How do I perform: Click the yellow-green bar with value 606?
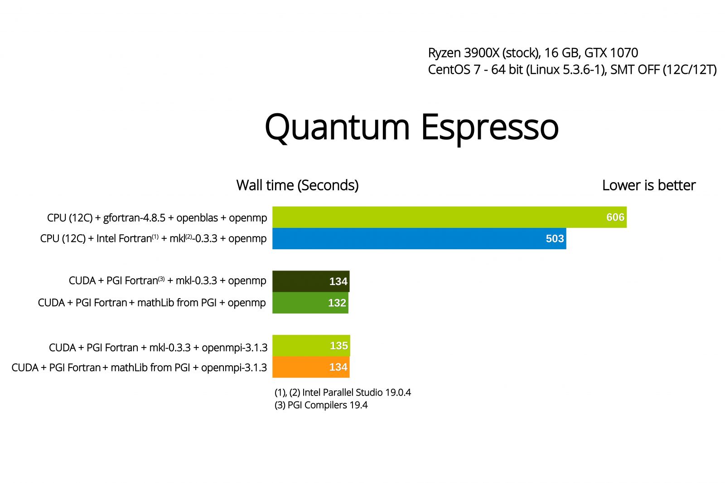tap(449, 217)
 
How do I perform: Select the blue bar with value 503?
tap(419, 238)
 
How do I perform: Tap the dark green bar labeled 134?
tap(311, 281)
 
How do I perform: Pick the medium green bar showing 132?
tap(310, 303)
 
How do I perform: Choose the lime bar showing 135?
tap(311, 345)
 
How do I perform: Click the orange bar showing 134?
tap(311, 367)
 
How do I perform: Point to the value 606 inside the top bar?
tap(615, 217)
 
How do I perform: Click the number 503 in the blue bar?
tap(555, 239)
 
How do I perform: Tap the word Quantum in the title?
tap(337, 128)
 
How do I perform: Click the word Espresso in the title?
tap(490, 129)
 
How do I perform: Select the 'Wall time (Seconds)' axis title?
tap(297, 185)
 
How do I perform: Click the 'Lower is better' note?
tap(648, 185)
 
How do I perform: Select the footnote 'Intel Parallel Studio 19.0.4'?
tap(356, 392)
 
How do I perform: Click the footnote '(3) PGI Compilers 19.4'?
tap(321, 405)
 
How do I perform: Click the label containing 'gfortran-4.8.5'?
tap(157, 218)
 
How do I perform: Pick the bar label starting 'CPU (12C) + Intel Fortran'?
tap(154, 239)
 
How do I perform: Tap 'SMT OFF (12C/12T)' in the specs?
tap(663, 70)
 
